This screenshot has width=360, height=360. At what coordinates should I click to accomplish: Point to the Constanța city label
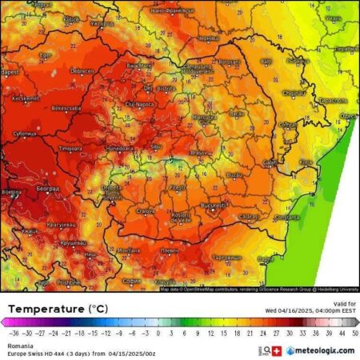click(286, 218)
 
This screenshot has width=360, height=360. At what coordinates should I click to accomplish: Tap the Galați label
click(270, 162)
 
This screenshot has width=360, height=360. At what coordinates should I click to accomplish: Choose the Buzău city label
click(234, 174)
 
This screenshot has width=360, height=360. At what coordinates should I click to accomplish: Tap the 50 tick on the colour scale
click(354, 330)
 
